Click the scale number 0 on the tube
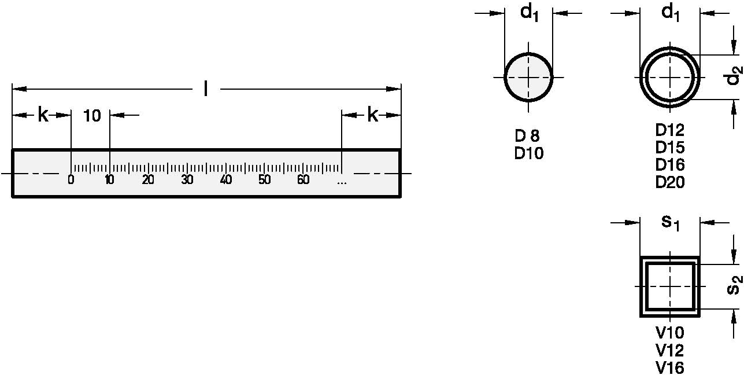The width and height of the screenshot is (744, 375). tap(71, 179)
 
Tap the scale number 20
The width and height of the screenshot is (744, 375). tap(148, 179)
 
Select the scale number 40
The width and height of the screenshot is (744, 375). tap(226, 179)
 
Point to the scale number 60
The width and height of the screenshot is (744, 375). tap(303, 179)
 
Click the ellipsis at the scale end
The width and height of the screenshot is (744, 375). tap(342, 182)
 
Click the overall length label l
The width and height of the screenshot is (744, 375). tap(206, 89)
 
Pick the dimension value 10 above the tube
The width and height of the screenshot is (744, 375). tap(92, 116)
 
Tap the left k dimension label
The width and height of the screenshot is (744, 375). tap(43, 115)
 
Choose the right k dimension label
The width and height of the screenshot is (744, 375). tap(373, 115)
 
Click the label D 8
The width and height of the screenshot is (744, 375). tap(527, 135)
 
